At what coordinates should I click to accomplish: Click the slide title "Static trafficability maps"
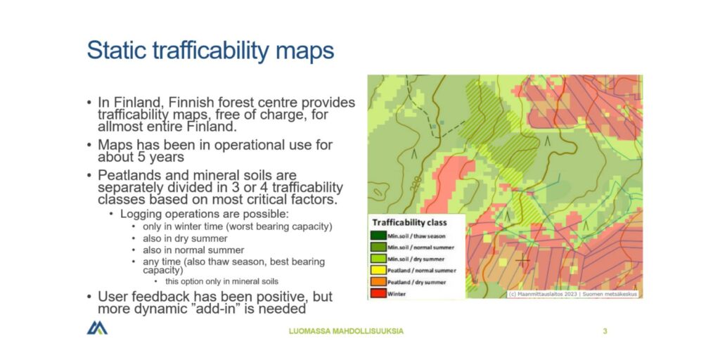point(210,51)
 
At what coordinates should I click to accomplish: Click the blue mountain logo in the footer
point(97,328)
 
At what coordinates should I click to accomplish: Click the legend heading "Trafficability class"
point(410,222)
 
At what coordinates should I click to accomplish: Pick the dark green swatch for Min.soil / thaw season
point(378,236)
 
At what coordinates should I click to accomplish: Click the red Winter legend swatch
point(378,292)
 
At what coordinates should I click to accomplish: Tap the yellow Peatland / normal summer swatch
point(378,269)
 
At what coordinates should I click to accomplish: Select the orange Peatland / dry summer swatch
point(378,281)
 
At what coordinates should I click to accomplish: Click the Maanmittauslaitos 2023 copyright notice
point(572,294)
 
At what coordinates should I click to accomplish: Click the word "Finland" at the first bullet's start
point(135,103)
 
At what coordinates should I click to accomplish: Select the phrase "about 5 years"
point(131,157)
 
